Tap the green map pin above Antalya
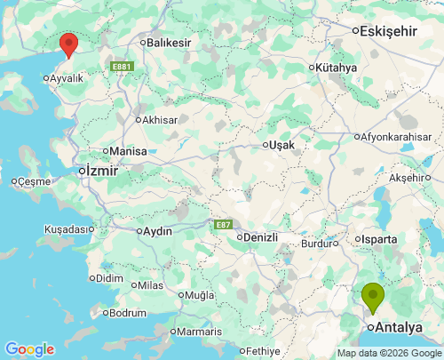[373, 295]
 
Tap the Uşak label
[282, 145]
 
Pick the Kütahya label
[336, 68]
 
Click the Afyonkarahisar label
[397, 137]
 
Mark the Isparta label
[377, 240]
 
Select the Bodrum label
[127, 313]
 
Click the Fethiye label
[262, 350]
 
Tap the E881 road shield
[122, 66]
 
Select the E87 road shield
[223, 225]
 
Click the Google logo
[29, 349]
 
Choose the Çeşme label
[34, 181]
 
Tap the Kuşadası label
[67, 229]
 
